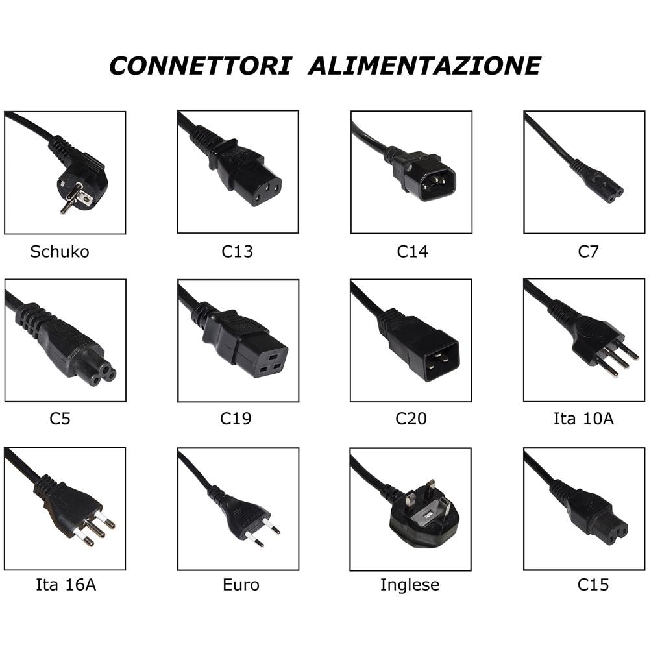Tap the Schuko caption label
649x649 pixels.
tap(60, 252)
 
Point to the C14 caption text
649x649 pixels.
tap(413, 252)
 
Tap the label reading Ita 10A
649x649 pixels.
tap(583, 419)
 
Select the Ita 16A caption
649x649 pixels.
tap(66, 585)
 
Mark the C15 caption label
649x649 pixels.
tap(593, 585)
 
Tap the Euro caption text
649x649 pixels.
tap(241, 585)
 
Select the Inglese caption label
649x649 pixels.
tap(410, 585)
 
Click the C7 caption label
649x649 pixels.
tap(588, 252)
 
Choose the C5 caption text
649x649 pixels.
tap(60, 419)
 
